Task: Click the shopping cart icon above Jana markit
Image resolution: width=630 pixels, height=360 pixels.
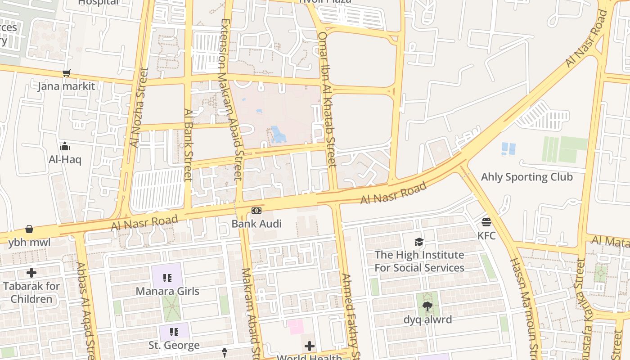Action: (67, 73)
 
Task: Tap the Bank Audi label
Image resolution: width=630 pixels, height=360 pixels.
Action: (256, 224)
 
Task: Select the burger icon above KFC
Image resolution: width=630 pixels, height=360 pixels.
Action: (486, 222)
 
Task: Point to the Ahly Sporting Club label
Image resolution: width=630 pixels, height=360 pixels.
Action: (526, 177)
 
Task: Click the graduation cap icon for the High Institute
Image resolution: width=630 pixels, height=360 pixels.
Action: (419, 242)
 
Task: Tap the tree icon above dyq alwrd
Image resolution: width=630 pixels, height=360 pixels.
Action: (427, 306)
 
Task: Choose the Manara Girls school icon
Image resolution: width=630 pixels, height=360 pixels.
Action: (167, 278)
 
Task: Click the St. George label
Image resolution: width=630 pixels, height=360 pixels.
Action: (174, 346)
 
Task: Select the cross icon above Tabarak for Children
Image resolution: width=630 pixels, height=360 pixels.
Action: (31, 273)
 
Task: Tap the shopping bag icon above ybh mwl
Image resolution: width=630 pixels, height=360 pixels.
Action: (29, 229)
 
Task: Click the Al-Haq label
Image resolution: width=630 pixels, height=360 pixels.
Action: (65, 159)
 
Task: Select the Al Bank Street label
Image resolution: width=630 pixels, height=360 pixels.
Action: (188, 144)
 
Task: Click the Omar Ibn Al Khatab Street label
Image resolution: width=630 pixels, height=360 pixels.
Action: (327, 99)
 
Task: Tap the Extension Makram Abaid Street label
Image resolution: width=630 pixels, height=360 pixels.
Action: (231, 99)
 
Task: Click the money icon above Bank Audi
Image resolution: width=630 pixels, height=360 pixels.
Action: (256, 211)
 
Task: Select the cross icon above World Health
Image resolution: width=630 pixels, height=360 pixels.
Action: (310, 346)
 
